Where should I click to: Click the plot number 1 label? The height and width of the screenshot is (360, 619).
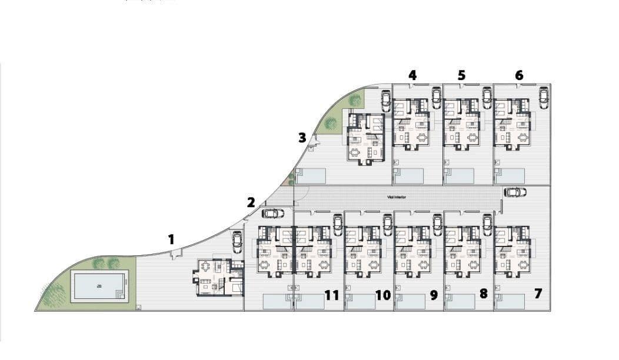(x=171, y=239)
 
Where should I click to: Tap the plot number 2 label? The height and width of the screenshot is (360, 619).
(x=251, y=202)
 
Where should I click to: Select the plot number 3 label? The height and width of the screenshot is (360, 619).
(x=302, y=138)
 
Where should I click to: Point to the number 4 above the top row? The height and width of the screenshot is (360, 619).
(x=412, y=75)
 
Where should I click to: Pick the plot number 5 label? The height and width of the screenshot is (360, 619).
(x=461, y=75)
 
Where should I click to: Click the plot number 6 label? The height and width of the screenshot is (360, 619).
(x=518, y=75)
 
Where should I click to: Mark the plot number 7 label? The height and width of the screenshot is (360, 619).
(x=538, y=293)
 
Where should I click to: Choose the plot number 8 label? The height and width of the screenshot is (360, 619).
(x=484, y=293)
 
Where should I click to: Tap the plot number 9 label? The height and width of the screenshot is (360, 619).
(x=434, y=295)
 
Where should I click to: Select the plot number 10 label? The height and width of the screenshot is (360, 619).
(x=382, y=295)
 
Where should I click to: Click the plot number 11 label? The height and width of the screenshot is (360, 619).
(x=332, y=295)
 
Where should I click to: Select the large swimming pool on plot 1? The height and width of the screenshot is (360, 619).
(x=99, y=286)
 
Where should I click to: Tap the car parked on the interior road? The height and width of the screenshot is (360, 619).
(x=515, y=192)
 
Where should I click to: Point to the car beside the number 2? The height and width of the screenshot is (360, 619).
(x=272, y=213)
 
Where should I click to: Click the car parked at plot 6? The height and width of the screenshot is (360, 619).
(x=543, y=97)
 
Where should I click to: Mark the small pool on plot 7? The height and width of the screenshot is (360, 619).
(x=510, y=301)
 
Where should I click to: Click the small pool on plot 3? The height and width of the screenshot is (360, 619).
(x=311, y=175)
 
